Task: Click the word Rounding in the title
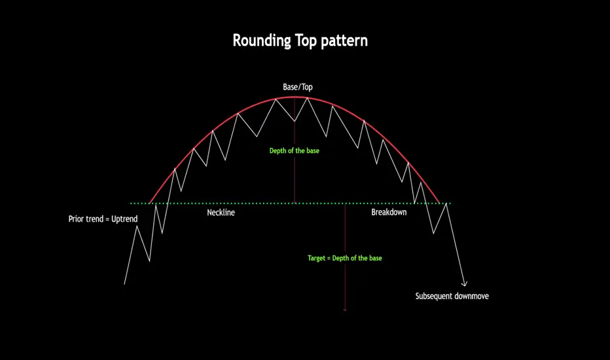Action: [x=261, y=41]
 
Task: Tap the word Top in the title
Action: [x=306, y=41]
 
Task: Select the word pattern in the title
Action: [x=344, y=41]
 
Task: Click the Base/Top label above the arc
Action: [x=298, y=87]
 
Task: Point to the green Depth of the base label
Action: [x=294, y=151]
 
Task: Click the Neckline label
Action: [x=221, y=213]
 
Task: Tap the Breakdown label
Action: [x=389, y=212]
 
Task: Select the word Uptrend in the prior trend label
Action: [x=124, y=219]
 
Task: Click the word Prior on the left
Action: [x=76, y=219]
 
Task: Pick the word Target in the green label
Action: [x=316, y=258]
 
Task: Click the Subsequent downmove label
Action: [x=452, y=296]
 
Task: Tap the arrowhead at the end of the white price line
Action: [x=464, y=285]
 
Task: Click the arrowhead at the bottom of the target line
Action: [x=345, y=310]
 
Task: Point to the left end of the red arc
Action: [x=150, y=203]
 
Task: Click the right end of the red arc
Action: [x=440, y=203]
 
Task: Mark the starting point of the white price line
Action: [x=124, y=284]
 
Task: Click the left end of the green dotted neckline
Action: [x=131, y=203]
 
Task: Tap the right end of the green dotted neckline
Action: [x=450, y=203]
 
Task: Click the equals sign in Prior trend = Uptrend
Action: [x=107, y=219]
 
